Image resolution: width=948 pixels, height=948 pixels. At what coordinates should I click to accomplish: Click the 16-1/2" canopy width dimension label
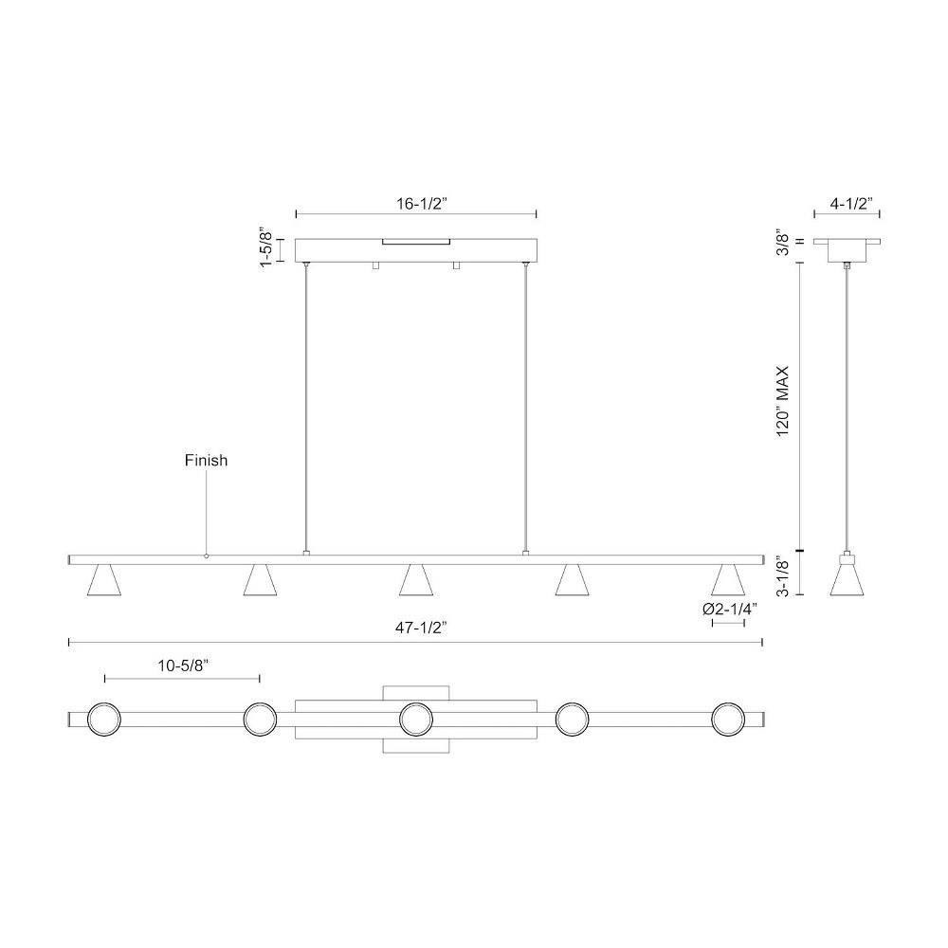(421, 204)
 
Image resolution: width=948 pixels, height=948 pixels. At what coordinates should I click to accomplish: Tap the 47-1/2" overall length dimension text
(421, 628)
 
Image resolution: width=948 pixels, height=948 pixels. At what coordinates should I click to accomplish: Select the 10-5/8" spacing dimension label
(183, 665)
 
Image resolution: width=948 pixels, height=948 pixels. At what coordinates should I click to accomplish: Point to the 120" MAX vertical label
(783, 401)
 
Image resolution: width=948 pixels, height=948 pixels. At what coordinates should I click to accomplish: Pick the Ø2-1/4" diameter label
(730, 609)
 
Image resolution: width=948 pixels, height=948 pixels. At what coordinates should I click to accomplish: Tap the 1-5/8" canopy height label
(265, 247)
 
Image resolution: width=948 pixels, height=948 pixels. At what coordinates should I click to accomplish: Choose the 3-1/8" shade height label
(783, 576)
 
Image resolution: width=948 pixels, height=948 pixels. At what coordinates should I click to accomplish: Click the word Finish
(206, 461)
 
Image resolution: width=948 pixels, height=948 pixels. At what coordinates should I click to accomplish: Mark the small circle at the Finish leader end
(206, 556)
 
